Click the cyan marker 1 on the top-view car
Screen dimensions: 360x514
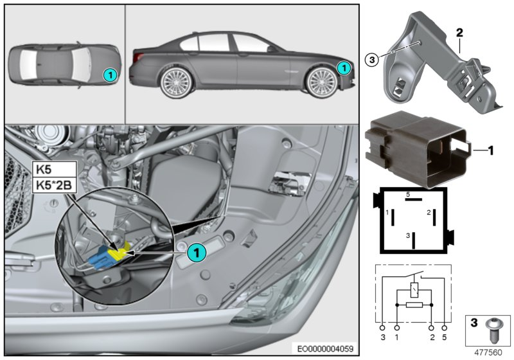(x=111, y=75)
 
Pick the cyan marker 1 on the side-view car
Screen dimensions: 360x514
(x=344, y=66)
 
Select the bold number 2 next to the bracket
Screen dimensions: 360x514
(x=460, y=31)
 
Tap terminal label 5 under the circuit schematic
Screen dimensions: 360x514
(x=444, y=337)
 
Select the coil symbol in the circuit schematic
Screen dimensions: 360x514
(x=414, y=291)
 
